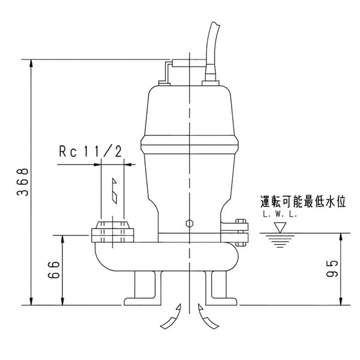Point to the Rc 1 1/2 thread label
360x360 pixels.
point(90,152)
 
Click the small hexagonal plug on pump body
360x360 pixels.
point(190,223)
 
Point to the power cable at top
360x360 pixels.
point(214,42)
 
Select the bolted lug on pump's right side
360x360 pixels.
point(241,232)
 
